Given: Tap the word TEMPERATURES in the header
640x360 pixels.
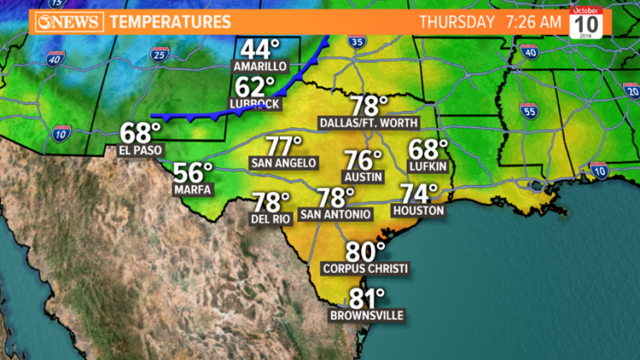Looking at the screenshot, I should [169, 21].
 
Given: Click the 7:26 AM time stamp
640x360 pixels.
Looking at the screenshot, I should [534, 21].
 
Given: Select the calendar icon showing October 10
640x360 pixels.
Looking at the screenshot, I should [585, 21].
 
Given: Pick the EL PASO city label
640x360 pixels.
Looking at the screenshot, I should [140, 150].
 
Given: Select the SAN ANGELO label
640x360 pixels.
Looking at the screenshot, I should [283, 163].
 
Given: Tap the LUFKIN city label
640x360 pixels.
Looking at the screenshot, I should [428, 166].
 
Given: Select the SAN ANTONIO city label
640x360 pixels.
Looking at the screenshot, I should [335, 214].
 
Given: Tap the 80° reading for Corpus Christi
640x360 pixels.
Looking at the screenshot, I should [365, 253].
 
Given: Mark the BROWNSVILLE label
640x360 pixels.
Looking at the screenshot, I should [367, 316].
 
